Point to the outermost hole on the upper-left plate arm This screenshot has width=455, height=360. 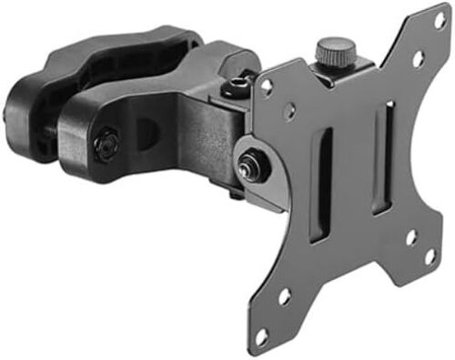(267, 87)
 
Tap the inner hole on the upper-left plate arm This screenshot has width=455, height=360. (289, 113)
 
